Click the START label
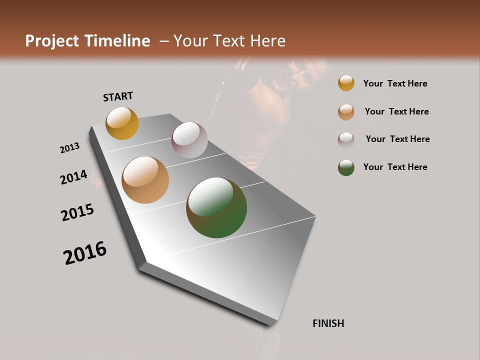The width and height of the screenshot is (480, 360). [x=118, y=96]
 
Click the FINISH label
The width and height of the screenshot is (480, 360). [x=328, y=323]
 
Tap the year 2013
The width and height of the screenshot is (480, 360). [x=69, y=148]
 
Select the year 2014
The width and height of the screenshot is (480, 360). [x=73, y=177]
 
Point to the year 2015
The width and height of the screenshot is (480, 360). [x=77, y=212]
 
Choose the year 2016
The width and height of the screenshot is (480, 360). [x=85, y=253]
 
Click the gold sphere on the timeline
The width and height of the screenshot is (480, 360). [x=122, y=123]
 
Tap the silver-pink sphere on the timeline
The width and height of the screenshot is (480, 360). [x=189, y=140]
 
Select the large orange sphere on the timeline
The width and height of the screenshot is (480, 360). [x=145, y=180]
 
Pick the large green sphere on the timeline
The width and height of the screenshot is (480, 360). [x=216, y=207]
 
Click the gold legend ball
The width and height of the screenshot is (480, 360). [x=346, y=83]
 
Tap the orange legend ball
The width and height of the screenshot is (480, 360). [x=346, y=112]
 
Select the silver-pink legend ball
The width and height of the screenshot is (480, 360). [x=346, y=139]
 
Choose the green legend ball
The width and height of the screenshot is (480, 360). [x=346, y=167]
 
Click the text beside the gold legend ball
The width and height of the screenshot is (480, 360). [x=395, y=83]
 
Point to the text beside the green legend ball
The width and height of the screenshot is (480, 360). [x=395, y=167]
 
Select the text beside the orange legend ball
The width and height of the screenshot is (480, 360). [x=396, y=111]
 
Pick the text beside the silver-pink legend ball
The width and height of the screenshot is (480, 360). [x=397, y=139]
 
